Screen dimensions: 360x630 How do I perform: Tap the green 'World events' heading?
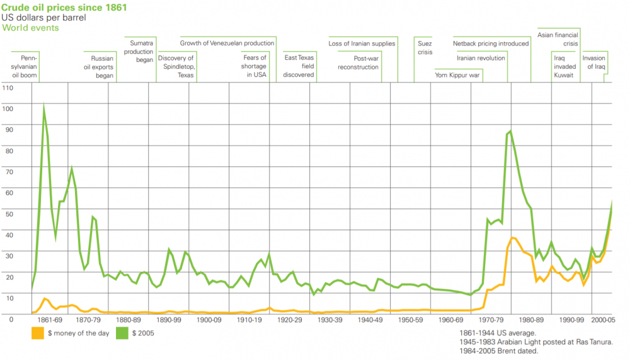pos(31,28)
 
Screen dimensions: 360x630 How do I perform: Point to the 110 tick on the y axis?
pos(8,88)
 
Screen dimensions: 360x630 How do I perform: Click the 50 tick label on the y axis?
pos(8,214)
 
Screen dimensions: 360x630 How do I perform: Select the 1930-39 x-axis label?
pos(330,320)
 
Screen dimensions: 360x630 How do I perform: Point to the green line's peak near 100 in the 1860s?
pos(43,107)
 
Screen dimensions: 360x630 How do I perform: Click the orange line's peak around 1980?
pos(513,238)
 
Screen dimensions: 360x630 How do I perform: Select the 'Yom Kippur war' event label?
pos(458,75)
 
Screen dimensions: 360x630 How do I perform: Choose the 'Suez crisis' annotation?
pos(425,48)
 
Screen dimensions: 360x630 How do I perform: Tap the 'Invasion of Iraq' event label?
pos(593,62)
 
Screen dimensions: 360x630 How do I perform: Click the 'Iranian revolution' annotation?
pos(481,58)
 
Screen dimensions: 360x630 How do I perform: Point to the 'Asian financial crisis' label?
pos(558,39)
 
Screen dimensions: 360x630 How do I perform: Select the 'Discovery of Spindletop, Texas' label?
pos(177,66)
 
